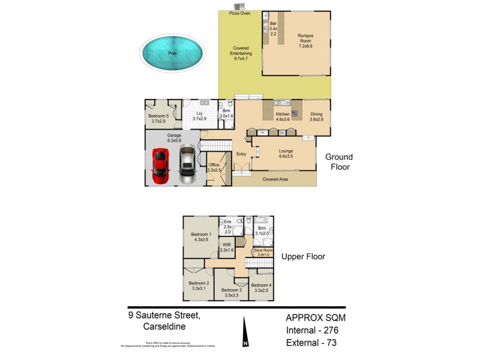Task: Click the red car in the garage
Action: [160, 166]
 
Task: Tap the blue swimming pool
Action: [172, 53]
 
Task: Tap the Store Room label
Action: [263, 251]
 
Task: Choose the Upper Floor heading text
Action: [303, 256]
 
